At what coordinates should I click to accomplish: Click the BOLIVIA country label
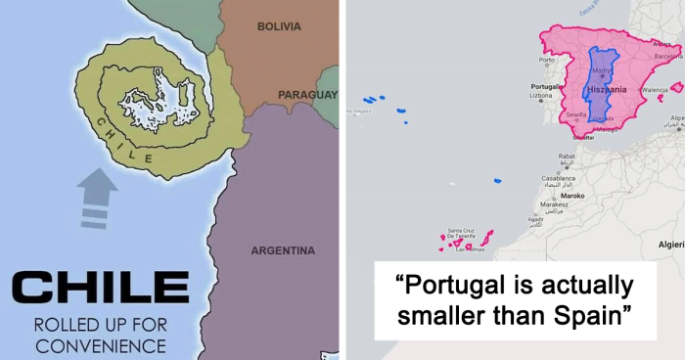279,26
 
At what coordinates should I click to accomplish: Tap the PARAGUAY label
307,95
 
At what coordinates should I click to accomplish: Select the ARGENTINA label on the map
283,250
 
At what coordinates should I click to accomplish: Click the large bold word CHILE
101,288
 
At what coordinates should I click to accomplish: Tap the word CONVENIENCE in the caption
101,344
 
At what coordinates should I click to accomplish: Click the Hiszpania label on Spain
607,89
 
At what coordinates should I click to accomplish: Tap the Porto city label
546,60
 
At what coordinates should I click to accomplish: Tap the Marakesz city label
554,204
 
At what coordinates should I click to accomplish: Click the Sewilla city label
575,114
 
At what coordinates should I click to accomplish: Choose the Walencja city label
655,89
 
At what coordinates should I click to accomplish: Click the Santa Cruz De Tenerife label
462,234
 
